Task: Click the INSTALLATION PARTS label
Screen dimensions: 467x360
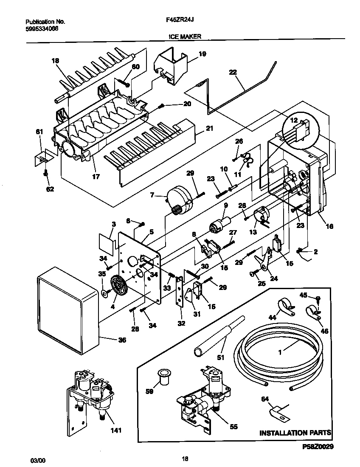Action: [x=295, y=433]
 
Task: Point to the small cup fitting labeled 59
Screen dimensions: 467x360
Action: [x=163, y=377]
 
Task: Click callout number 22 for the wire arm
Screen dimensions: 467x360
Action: [x=233, y=73]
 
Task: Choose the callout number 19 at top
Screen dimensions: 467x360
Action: [x=202, y=54]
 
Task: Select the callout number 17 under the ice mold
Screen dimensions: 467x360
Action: [x=96, y=177]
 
